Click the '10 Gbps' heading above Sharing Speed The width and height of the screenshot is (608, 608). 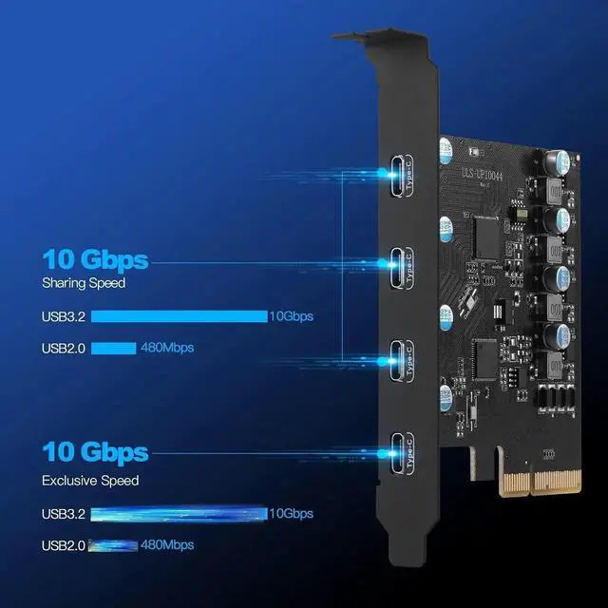[x=95, y=259]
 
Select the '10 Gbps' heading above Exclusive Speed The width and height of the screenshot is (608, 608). [x=95, y=451]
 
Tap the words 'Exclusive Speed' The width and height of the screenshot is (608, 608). [x=89, y=481]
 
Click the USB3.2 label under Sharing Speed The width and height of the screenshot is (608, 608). [x=64, y=316]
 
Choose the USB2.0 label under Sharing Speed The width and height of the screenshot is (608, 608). [x=64, y=348]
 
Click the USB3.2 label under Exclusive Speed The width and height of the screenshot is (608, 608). [x=64, y=514]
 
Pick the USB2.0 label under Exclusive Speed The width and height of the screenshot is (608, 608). [x=64, y=544]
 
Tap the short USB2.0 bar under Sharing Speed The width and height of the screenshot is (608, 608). [x=113, y=348]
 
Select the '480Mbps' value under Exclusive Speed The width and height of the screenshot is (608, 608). [x=167, y=544]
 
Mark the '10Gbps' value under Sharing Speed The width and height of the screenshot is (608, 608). [x=292, y=316]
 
